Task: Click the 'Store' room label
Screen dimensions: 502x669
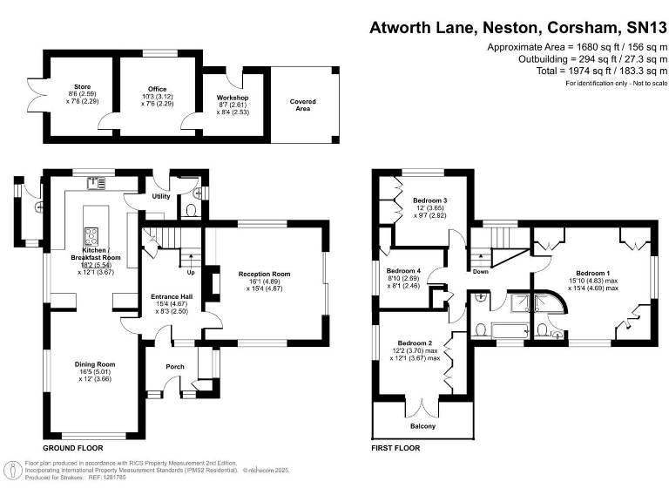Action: point(84,87)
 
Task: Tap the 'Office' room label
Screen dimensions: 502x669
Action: point(157,87)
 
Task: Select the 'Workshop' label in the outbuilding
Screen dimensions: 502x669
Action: point(233,97)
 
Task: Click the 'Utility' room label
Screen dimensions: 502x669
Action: point(161,197)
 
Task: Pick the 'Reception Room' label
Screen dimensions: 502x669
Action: point(264,275)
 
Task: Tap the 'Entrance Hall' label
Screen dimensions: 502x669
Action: point(170,295)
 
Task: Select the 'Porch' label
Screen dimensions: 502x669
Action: point(175,367)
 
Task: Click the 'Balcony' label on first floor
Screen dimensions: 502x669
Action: point(422,427)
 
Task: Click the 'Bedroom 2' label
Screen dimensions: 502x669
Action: point(415,343)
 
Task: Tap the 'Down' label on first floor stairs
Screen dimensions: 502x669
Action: point(480,271)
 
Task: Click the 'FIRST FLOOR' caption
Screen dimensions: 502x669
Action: point(395,448)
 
